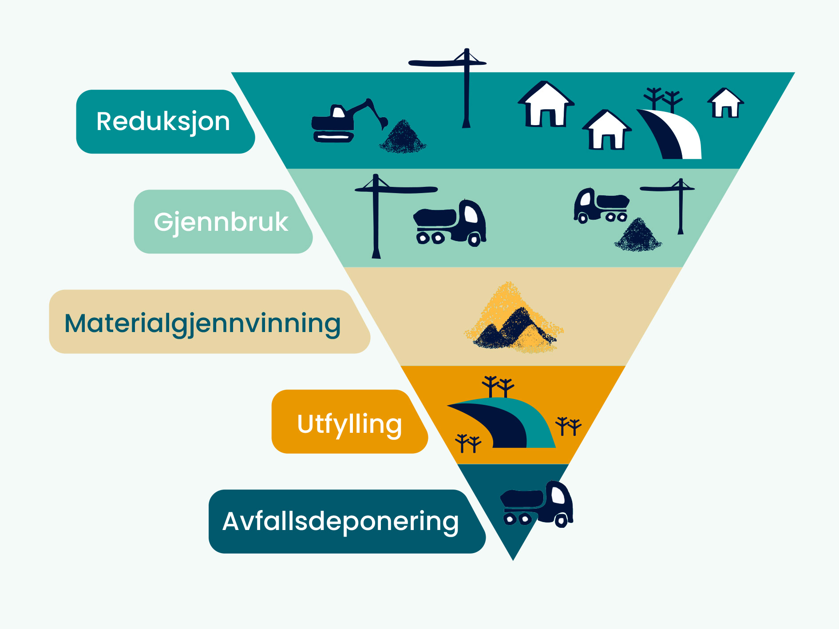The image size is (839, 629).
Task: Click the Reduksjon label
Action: tap(163, 122)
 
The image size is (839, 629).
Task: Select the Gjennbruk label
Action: tap(221, 222)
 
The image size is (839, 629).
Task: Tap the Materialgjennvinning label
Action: tap(202, 323)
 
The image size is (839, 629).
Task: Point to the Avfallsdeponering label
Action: tap(340, 521)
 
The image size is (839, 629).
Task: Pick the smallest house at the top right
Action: tap(725, 103)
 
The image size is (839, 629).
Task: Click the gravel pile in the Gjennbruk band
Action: tap(638, 236)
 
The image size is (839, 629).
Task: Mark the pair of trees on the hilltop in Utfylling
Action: tap(498, 385)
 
